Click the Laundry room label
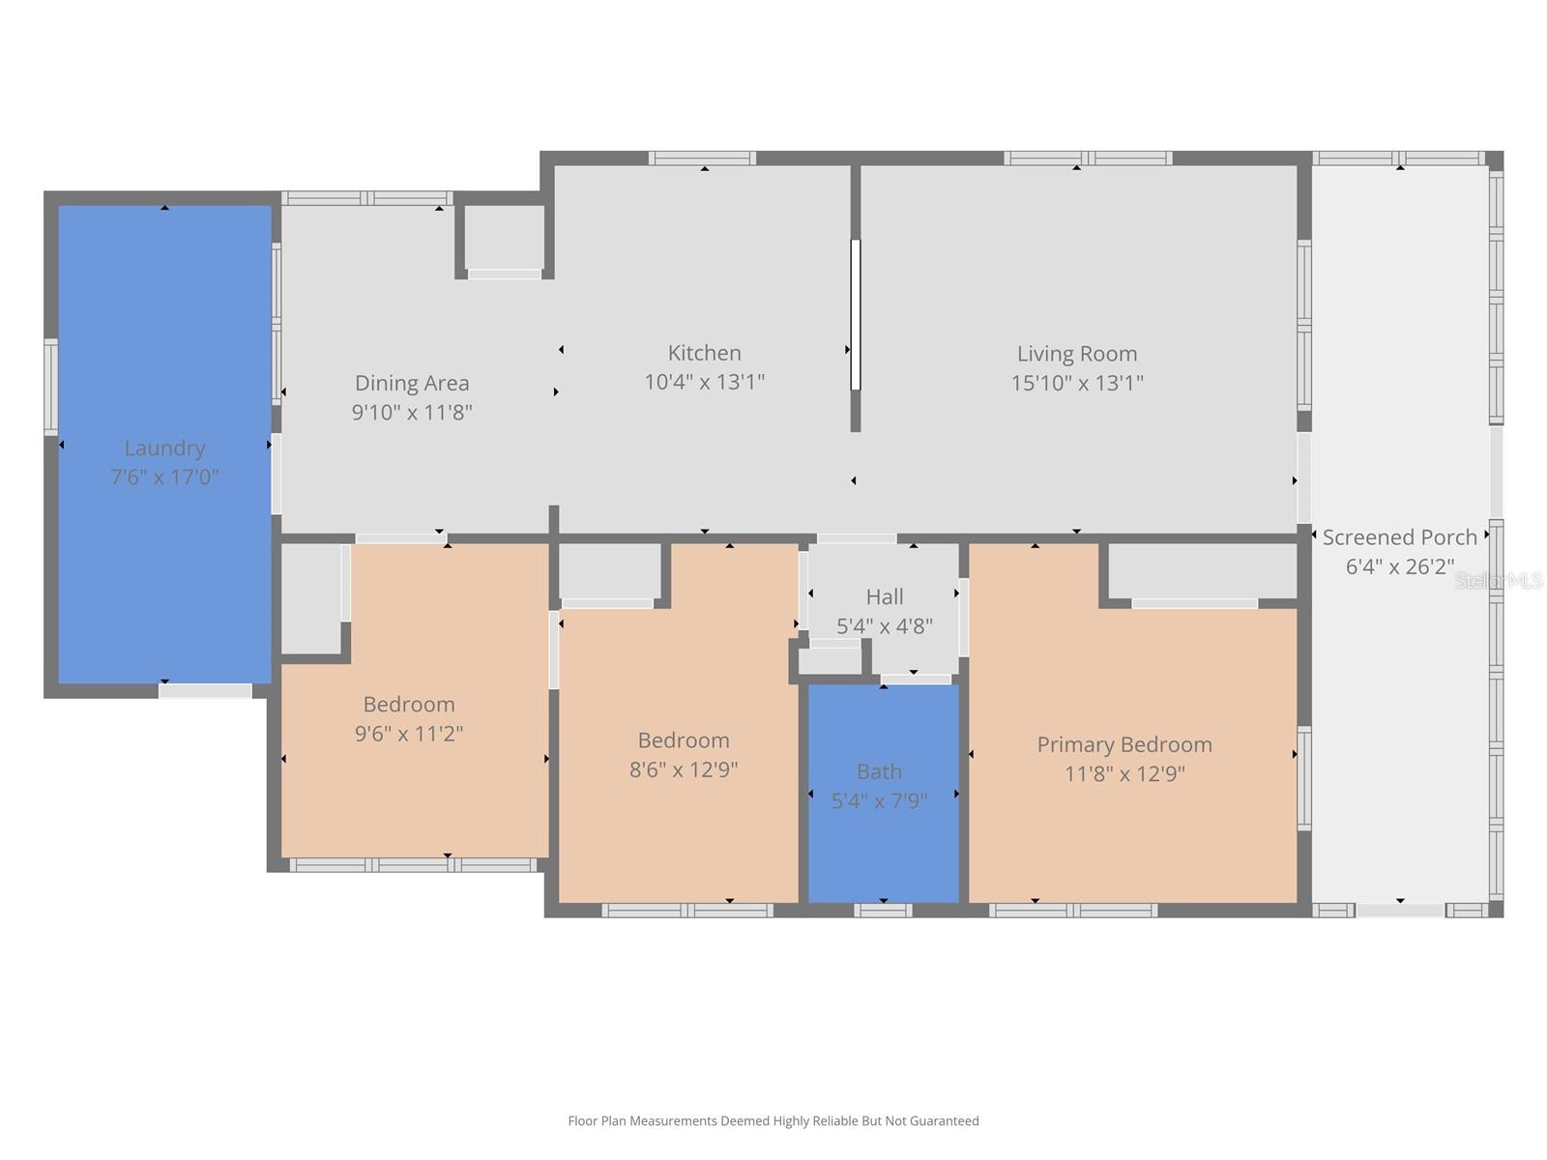click(x=164, y=448)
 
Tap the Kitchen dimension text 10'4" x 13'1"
click(x=704, y=382)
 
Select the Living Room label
click(x=1076, y=354)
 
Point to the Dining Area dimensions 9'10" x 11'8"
click(x=412, y=413)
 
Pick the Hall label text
click(x=884, y=596)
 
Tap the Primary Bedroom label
click(x=1124, y=744)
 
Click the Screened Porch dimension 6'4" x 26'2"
click(x=1399, y=566)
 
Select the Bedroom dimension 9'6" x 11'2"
click(x=409, y=734)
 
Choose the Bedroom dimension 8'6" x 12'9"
click(x=683, y=770)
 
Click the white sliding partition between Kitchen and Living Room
click(x=856, y=314)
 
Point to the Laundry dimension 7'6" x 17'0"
click(x=164, y=478)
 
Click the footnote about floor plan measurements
click(x=773, y=1121)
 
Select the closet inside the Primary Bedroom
click(x=1201, y=571)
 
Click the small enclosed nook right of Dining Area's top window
click(x=504, y=237)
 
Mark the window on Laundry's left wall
click(x=51, y=387)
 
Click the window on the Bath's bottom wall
click(x=882, y=910)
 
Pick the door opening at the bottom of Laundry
click(x=205, y=691)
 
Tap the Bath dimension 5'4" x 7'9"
click(x=879, y=801)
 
